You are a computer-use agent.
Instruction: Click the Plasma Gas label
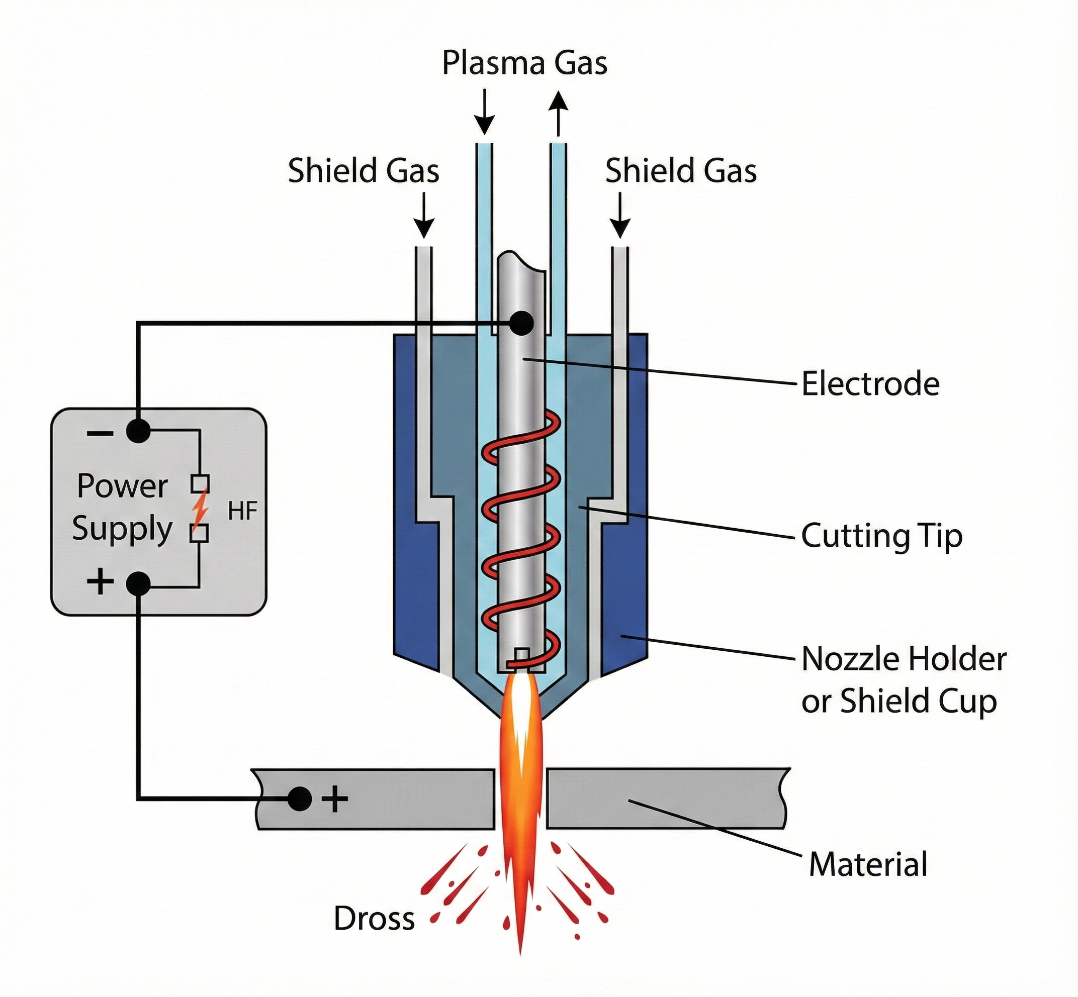(524, 63)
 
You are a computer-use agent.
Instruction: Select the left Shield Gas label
(364, 171)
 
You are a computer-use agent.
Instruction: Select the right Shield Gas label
(680, 171)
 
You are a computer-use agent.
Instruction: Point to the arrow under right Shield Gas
(620, 215)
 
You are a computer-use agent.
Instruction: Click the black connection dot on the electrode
(521, 323)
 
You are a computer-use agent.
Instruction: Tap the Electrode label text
(870, 384)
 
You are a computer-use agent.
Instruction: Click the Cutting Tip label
(881, 536)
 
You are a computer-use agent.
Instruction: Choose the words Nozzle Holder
(904, 659)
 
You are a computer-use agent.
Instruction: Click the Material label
(867, 864)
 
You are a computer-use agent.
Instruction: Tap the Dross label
(374, 918)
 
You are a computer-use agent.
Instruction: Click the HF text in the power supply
(242, 511)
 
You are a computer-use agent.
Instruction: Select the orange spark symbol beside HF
(200, 508)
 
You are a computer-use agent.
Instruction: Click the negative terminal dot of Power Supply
(138, 432)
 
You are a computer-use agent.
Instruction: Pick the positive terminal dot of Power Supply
(138, 584)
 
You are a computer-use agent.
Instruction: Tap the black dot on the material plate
(300, 799)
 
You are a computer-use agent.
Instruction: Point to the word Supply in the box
(122, 529)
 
